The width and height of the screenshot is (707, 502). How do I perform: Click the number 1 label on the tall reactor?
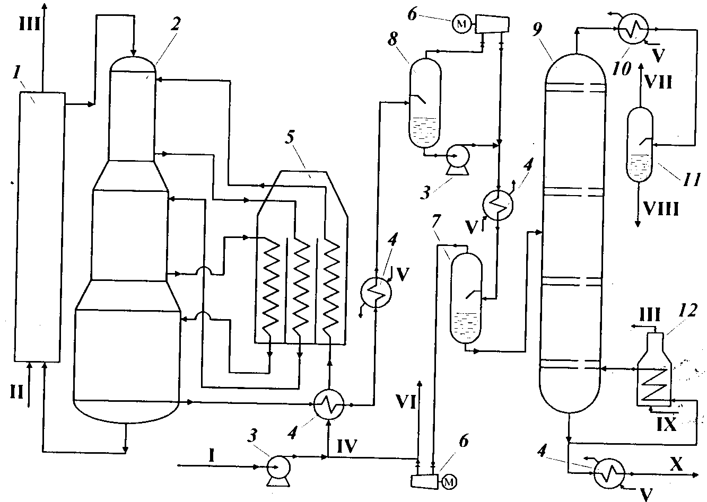(16, 73)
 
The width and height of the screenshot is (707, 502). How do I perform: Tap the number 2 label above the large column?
(176, 24)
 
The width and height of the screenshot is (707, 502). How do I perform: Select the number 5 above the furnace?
(290, 137)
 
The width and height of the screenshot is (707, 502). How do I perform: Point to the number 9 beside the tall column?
(537, 29)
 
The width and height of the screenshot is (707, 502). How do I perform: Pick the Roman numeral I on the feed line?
(212, 456)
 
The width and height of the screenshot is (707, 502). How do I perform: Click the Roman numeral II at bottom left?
(16, 393)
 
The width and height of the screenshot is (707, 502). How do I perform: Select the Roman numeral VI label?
(406, 403)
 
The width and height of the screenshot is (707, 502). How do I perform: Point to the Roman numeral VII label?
(658, 82)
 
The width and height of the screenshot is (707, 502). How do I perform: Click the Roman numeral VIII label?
(661, 208)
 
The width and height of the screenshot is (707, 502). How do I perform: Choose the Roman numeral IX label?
(667, 425)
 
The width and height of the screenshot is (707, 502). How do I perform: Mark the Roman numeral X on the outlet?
(676, 464)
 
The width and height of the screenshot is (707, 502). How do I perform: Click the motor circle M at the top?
(461, 24)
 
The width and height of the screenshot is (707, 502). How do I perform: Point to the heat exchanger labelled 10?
(633, 29)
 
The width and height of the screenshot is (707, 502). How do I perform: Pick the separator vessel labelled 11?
(640, 145)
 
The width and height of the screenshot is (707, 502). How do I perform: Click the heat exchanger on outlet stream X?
(609, 473)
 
